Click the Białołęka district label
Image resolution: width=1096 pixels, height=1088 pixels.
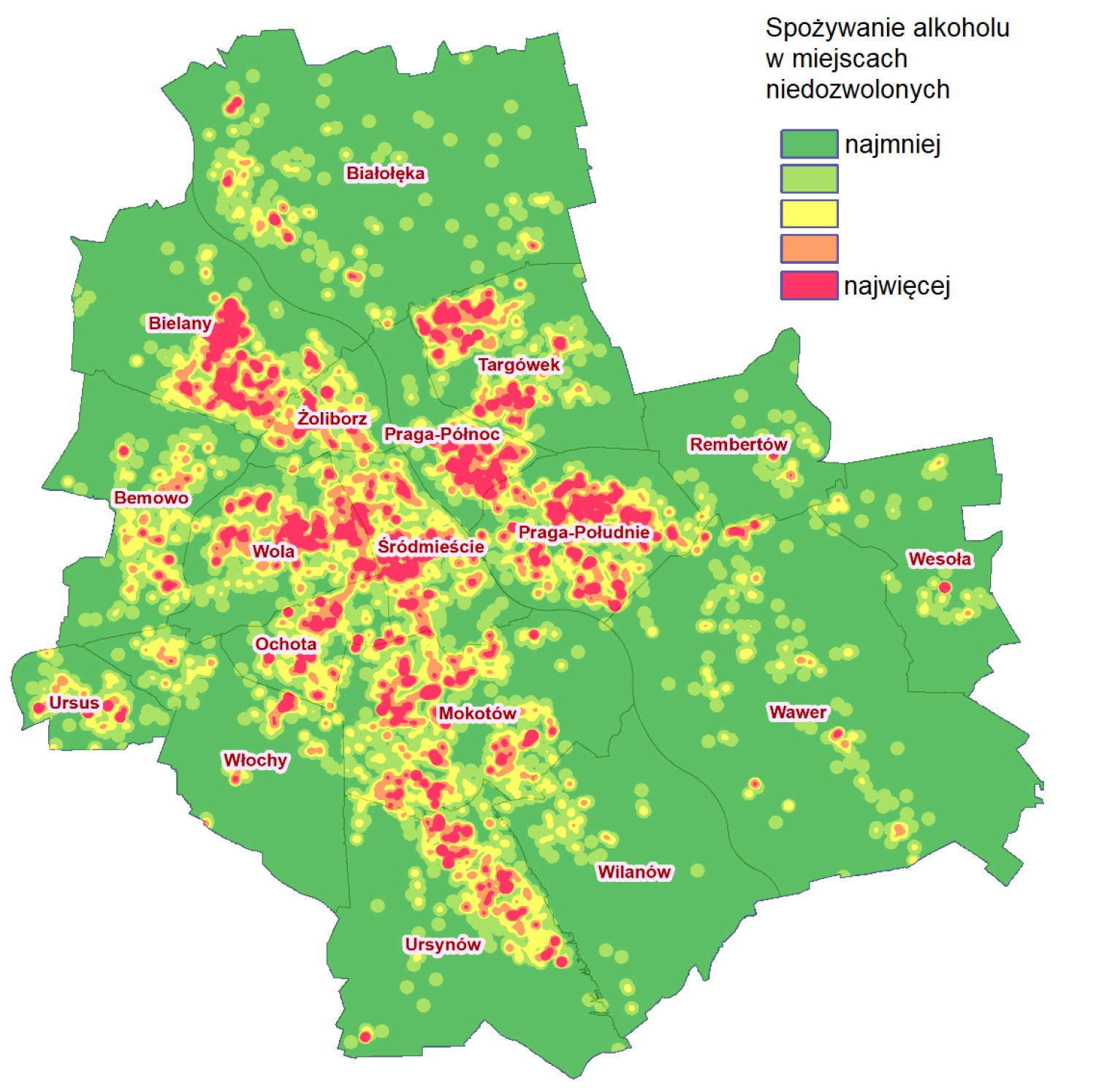[385, 173]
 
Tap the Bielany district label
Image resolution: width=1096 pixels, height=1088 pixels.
[180, 323]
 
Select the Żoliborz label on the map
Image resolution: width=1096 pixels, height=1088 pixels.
[332, 419]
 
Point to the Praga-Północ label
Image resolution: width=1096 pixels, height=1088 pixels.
[442, 434]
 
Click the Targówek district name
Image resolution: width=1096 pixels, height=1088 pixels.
[519, 365]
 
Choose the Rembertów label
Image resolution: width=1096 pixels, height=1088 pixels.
[739, 444]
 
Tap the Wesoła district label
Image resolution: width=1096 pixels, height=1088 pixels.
[940, 559]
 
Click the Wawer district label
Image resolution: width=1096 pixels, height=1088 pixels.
[798, 712]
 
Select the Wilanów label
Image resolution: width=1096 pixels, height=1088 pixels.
[634, 872]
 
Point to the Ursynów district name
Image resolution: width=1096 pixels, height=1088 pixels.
[443, 944]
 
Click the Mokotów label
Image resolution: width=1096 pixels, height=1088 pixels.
[477, 713]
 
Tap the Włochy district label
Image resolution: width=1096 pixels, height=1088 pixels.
[255, 760]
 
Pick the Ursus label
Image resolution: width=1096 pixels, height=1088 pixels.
[74, 703]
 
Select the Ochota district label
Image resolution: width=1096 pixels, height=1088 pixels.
[286, 644]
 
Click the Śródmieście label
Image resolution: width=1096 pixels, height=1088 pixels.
[431, 547]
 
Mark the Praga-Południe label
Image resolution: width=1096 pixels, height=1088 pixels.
[584, 532]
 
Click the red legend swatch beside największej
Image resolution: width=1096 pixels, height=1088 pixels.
[809, 285]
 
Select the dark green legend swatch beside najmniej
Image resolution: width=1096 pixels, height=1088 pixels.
[809, 144]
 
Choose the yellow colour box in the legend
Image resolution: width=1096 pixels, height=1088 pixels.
[809, 214]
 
